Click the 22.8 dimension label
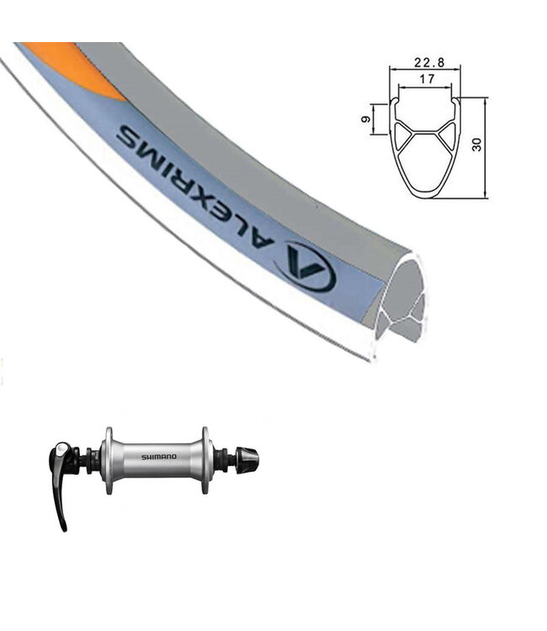click(428, 62)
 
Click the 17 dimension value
click(427, 79)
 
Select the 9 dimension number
click(366, 119)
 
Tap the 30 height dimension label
click(476, 145)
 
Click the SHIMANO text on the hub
click(158, 457)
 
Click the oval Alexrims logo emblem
click(308, 267)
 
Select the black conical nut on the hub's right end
click(247, 459)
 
